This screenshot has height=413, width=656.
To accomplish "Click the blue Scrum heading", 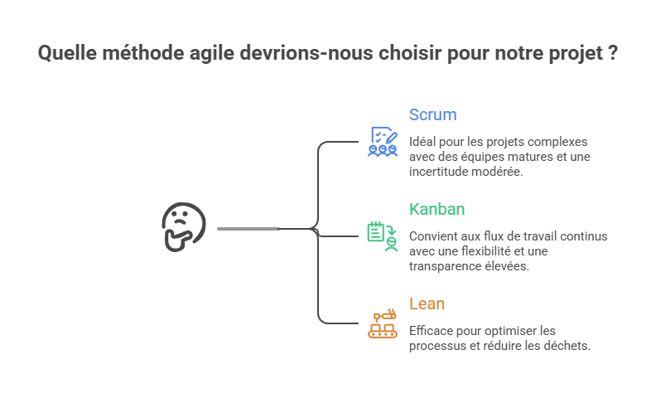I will point(432,114).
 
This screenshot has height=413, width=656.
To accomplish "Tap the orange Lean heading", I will point(427,304).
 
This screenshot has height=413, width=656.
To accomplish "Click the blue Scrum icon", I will point(383,142).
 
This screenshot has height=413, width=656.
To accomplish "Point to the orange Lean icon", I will point(383,323).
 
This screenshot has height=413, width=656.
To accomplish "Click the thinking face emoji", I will point(182,226).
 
